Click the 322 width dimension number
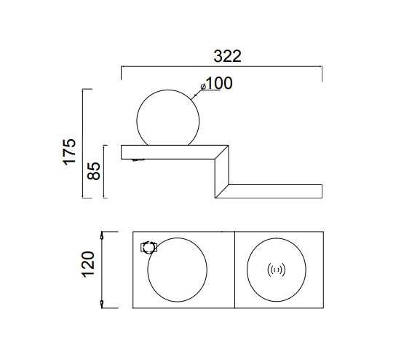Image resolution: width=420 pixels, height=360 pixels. (x=227, y=56)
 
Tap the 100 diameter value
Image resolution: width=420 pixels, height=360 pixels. (x=219, y=83)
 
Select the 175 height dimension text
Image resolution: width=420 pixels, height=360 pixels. (x=69, y=152)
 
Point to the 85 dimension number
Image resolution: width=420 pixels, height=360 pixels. (x=93, y=171)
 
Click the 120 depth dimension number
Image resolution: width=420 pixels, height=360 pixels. (x=88, y=265)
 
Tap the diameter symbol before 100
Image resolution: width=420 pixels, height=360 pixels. (x=203, y=87)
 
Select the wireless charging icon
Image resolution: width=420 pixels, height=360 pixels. (x=277, y=270)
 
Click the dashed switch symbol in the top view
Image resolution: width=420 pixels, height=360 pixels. (x=148, y=248)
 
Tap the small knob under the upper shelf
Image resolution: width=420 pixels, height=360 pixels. (x=138, y=160)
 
